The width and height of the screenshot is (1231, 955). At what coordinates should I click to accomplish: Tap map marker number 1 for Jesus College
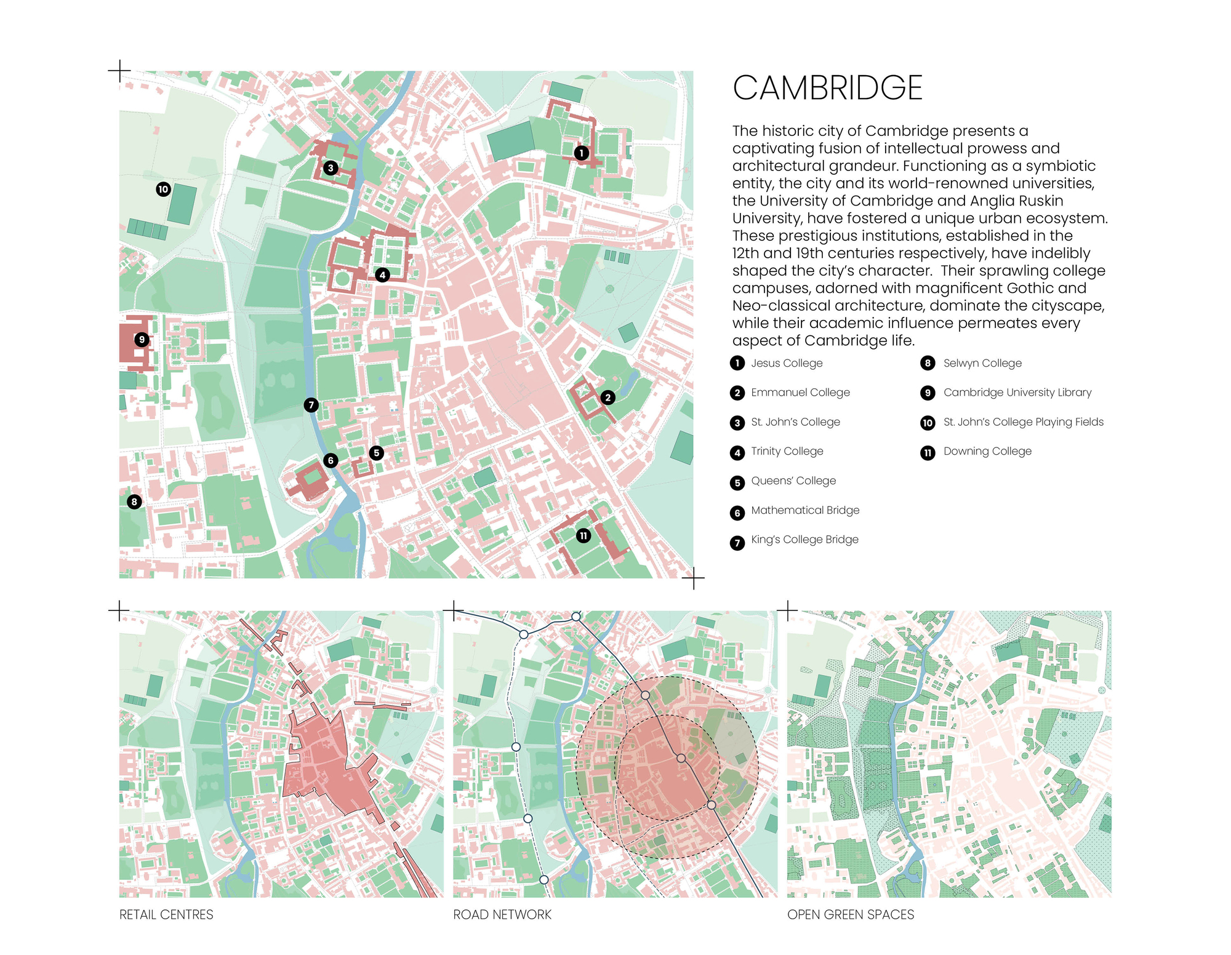(581, 153)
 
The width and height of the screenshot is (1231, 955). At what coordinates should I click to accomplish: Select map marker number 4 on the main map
(382, 275)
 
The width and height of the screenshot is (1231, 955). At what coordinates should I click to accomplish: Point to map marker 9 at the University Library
(142, 340)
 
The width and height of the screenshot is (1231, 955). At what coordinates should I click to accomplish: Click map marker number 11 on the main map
(583, 536)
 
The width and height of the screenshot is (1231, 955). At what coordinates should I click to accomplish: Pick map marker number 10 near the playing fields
(163, 190)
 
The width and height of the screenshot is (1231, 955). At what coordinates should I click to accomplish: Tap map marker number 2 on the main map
(607, 398)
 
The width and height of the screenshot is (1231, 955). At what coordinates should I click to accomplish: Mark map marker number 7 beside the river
(311, 405)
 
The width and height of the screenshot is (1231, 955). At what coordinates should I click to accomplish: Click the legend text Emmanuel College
(800, 393)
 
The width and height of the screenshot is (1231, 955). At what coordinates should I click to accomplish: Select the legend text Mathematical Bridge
(804, 510)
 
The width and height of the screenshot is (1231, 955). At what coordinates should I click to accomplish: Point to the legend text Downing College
(987, 451)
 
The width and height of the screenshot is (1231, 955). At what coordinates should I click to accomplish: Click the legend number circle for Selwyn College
(928, 363)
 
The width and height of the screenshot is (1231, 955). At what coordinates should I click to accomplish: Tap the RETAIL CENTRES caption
(166, 914)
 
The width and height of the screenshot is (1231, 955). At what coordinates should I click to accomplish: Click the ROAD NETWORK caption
(502, 914)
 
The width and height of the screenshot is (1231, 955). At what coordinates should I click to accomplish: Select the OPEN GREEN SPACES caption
(851, 914)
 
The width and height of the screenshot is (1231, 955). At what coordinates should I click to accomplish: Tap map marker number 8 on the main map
(134, 501)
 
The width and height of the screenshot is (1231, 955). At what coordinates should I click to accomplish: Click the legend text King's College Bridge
(804, 540)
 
